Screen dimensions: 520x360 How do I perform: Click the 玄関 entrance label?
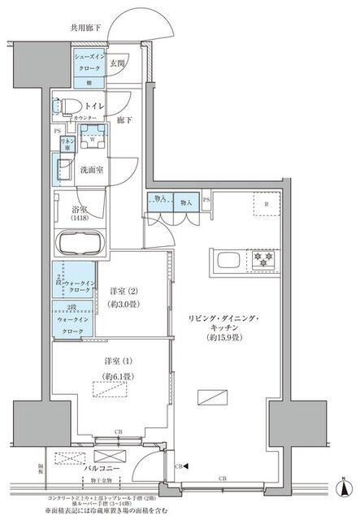[116, 63]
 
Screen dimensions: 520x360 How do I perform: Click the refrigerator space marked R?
[266, 206]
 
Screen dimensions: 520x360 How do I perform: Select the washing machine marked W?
[93, 137]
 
